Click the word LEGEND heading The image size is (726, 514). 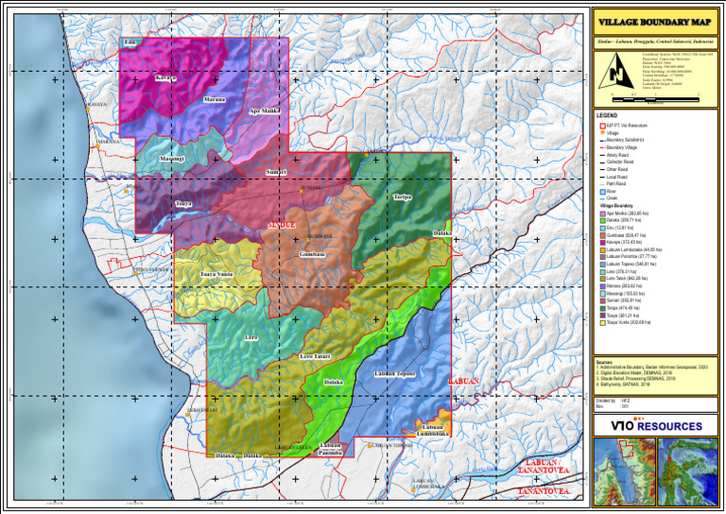607,115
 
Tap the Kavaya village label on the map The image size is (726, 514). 165,78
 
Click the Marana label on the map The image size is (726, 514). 215,99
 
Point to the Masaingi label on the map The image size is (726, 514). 172,159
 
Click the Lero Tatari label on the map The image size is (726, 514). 315,356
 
